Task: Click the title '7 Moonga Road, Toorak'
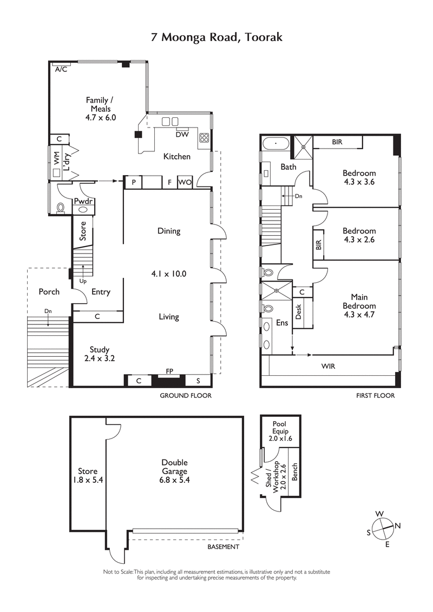coord(216,37)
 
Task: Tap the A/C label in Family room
coord(61,69)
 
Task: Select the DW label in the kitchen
coord(182,135)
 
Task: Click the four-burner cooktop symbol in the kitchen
coord(205,137)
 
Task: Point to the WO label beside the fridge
coord(185,183)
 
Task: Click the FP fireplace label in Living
coord(169,372)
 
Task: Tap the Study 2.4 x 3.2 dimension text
coord(100,358)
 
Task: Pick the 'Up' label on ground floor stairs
coord(83,281)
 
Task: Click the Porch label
coord(49,292)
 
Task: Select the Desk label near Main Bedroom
coord(298,311)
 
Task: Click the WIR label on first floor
coord(328,366)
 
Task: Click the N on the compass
coord(398,525)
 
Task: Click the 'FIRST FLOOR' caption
coord(375,396)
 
